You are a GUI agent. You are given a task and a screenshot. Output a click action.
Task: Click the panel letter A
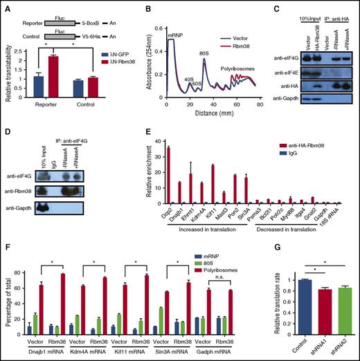(x=6, y=6)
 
